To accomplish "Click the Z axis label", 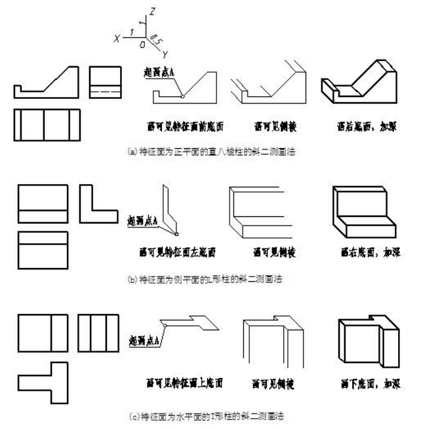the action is [151, 11].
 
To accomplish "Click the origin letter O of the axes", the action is [142, 45].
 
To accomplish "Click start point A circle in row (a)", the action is [183, 96].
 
